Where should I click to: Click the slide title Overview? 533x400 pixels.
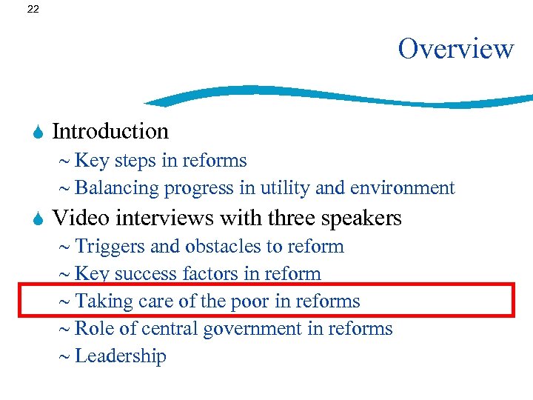pos(455,49)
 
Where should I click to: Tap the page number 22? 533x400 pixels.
pos(32,10)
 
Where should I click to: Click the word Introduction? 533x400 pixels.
pos(110,132)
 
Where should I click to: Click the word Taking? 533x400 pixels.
pos(102,301)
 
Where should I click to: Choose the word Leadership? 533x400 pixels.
pos(121,356)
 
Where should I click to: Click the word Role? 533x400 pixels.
pos(93,328)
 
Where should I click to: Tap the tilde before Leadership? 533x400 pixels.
pos(64,357)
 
